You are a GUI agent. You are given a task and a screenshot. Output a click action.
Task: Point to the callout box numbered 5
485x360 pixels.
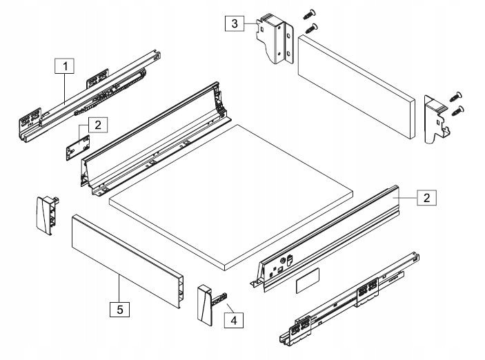[119, 310]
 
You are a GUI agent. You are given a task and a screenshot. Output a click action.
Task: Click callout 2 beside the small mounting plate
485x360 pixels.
[98, 125]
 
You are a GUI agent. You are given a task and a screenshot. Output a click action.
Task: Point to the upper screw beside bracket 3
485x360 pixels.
[308, 14]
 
